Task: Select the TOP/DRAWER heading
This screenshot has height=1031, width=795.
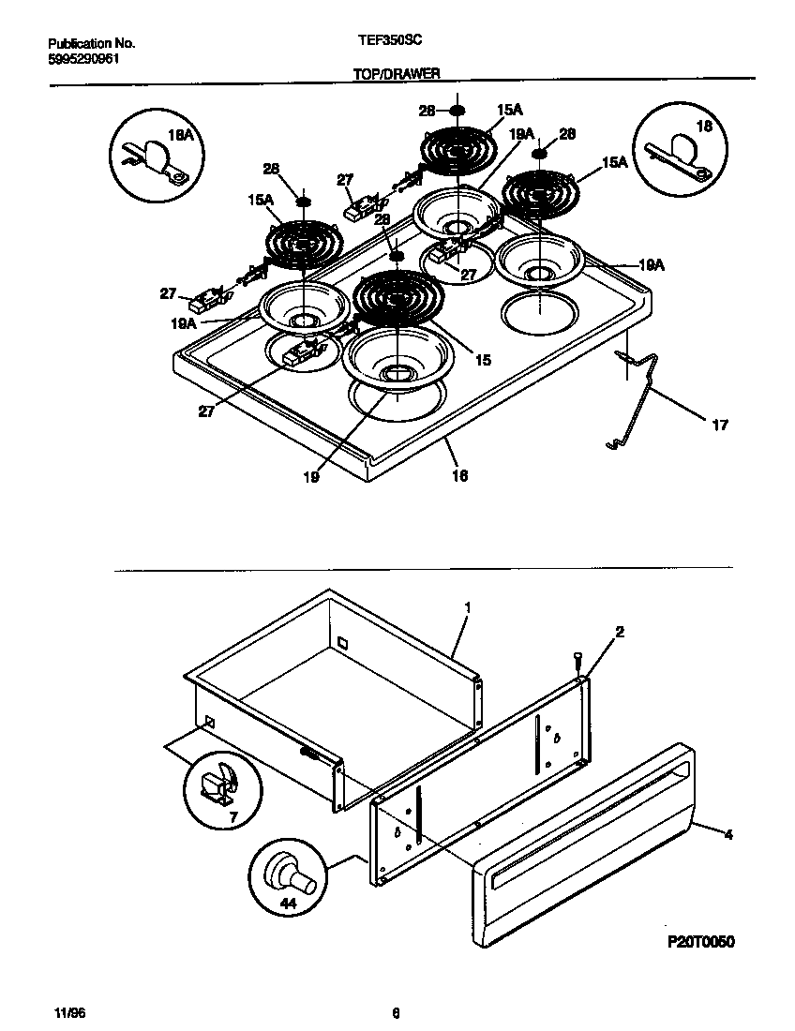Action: pos(397,72)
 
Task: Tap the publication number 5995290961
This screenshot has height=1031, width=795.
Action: pos(82,58)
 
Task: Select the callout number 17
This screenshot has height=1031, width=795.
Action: pos(720,426)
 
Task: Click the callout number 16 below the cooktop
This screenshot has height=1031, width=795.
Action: pos(459,476)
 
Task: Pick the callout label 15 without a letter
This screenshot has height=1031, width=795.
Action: pos(482,359)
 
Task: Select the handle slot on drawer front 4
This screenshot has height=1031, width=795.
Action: pos(591,825)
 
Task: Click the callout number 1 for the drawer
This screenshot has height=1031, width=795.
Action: pos(467,607)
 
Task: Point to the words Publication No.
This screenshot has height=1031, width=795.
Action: pos(91,43)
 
